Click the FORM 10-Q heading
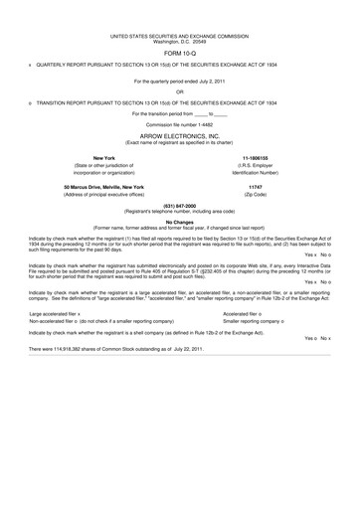[x=179, y=54]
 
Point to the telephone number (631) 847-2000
[x=179, y=207]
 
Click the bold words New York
[x=103, y=157]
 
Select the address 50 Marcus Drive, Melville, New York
[x=103, y=187]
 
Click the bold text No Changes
[x=179, y=223]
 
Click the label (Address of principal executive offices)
[x=103, y=194]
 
